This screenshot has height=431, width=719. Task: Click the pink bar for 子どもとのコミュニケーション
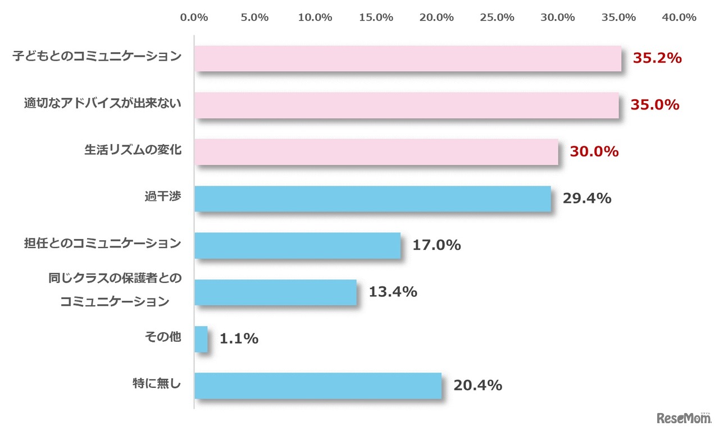pos(408,58)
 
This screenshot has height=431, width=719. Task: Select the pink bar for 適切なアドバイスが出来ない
pos(406,105)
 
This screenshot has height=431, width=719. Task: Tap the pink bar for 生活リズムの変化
pos(376,152)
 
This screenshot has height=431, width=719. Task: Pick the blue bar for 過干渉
pos(372,199)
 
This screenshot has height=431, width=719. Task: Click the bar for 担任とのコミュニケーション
pos(298,245)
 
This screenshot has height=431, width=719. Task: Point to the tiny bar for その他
pos(201,339)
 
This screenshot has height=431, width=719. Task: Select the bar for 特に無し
pos(318,386)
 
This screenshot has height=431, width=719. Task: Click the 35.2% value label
pos(657,58)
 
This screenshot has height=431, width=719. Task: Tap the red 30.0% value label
pos(594,152)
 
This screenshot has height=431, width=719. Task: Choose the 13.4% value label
pos(393,292)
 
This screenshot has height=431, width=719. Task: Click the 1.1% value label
pos(239,339)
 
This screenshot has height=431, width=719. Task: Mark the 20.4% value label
pos(477,386)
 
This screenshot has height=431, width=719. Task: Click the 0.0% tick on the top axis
pos(194,17)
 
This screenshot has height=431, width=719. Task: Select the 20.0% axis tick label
pos(436,17)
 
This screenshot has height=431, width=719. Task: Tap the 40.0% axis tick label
pos(679,17)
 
